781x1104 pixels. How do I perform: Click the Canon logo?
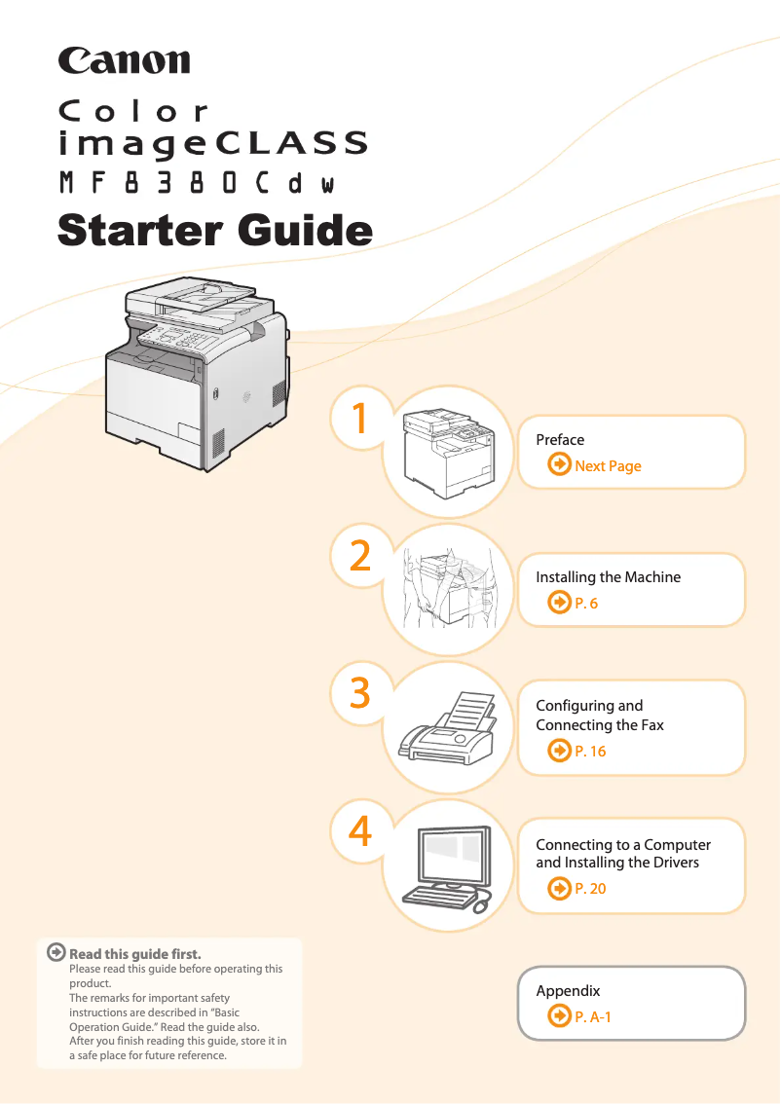[124, 61]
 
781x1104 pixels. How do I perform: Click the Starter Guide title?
[215, 231]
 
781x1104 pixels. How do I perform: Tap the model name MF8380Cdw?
[197, 183]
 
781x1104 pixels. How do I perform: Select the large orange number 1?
[360, 419]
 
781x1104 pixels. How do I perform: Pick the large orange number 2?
[360, 556]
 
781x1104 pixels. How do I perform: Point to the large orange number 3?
[360, 693]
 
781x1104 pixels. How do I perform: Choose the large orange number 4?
[360, 831]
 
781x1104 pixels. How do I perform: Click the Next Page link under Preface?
[608, 466]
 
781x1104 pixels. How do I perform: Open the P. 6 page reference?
[586, 604]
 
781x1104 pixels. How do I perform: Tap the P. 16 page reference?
[590, 752]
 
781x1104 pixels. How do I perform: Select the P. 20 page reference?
[590, 889]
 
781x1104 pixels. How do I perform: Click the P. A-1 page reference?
[593, 1016]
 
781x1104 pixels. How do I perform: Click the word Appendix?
[568, 991]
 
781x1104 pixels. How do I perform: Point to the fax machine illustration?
[448, 728]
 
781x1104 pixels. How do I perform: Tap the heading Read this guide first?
[135, 954]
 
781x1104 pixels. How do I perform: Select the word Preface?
[560, 440]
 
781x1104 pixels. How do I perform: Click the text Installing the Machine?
[609, 577]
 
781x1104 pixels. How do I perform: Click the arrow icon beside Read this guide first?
[56, 952]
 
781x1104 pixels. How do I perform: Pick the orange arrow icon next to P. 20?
[560, 889]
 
